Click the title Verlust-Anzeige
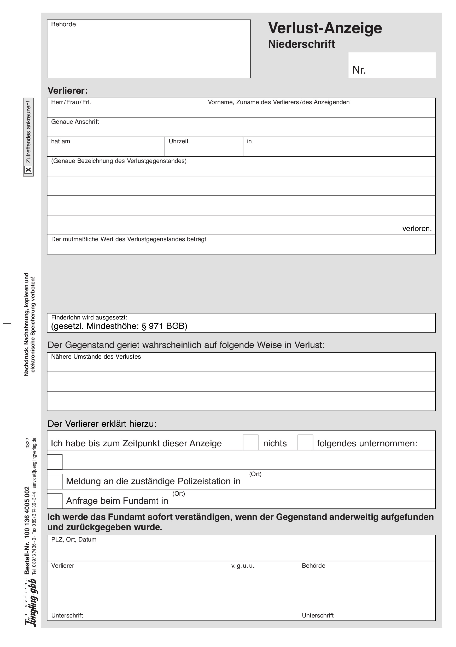click(325, 28)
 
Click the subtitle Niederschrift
click(301, 44)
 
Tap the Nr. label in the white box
click(359, 70)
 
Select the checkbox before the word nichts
click(250, 442)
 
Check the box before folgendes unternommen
click(305, 442)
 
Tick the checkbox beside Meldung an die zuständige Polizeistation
click(55, 481)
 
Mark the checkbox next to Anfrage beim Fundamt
click(55, 501)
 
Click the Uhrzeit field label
click(178, 141)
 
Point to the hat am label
click(60, 141)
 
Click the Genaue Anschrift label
click(75, 122)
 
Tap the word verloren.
click(417, 229)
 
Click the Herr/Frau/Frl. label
click(71, 102)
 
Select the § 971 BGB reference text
click(164, 326)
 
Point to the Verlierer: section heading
click(68, 91)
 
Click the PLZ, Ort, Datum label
click(74, 540)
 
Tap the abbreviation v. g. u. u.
click(243, 566)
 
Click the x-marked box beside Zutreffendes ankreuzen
click(28, 170)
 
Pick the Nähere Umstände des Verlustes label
click(96, 357)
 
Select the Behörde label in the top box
click(63, 25)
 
